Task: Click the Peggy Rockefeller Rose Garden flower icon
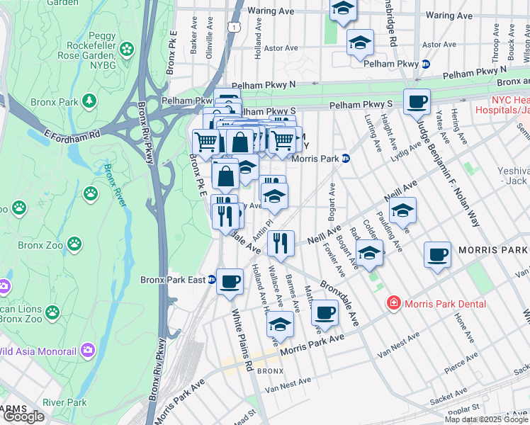click(127, 49)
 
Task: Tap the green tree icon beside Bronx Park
click(89, 101)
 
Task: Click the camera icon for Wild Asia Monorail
click(87, 349)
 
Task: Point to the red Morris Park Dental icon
click(393, 303)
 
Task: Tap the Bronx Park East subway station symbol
click(211, 280)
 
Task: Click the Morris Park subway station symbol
click(345, 159)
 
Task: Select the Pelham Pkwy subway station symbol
click(425, 64)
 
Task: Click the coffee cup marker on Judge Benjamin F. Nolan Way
click(417, 101)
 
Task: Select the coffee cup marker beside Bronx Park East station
click(230, 280)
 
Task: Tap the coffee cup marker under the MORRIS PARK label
click(436, 253)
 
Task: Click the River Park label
click(64, 402)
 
